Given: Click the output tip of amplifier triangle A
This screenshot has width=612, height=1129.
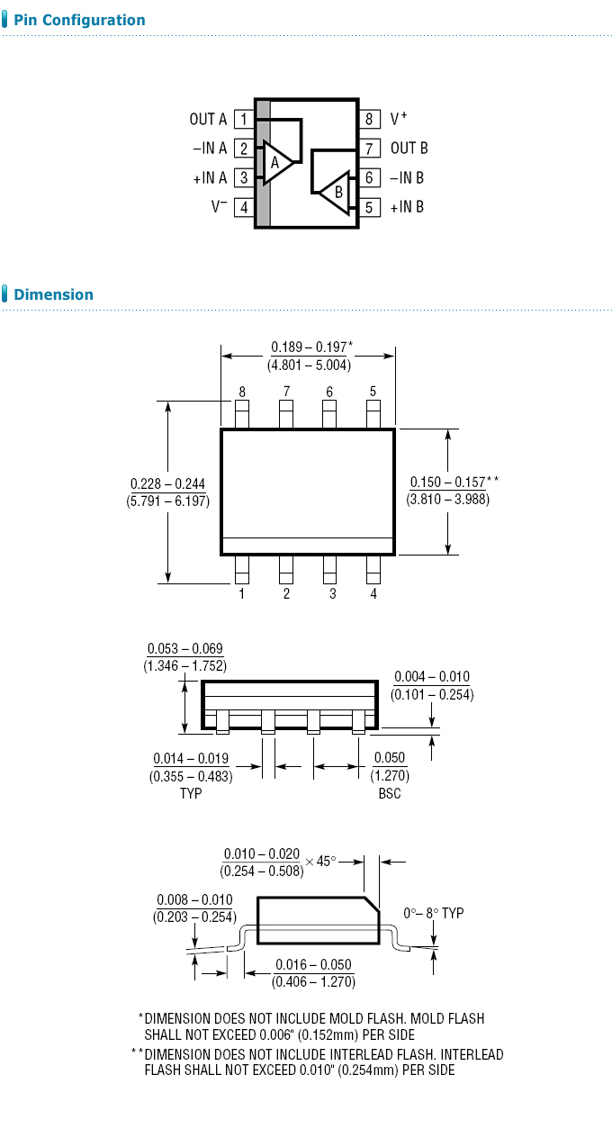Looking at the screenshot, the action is (293, 162).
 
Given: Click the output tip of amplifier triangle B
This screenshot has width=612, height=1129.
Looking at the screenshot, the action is (319, 192).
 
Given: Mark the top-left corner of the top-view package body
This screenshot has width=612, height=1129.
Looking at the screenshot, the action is (221, 429).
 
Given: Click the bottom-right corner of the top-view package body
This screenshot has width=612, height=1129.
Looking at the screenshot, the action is (394, 555).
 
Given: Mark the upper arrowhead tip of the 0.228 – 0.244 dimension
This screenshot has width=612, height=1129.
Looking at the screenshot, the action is (167, 402).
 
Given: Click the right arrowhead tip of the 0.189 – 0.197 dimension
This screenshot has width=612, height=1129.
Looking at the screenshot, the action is (395, 356).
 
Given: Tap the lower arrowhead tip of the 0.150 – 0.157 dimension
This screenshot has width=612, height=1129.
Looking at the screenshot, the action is (448, 555).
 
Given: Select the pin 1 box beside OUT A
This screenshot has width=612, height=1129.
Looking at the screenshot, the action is (244, 120).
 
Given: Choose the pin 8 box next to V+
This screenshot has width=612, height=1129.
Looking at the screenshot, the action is (369, 120).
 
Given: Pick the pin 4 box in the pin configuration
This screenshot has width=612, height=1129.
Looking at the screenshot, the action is (244, 207).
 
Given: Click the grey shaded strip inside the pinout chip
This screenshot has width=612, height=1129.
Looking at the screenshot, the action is (263, 163).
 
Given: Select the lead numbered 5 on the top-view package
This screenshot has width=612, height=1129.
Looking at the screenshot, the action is (373, 414).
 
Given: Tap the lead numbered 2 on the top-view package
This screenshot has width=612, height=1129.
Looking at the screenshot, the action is (286, 570).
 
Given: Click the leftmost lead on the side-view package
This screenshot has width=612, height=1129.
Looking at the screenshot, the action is (222, 721).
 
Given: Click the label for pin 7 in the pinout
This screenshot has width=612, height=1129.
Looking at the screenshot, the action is (409, 149).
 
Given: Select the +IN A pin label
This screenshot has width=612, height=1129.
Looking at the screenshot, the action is (210, 178).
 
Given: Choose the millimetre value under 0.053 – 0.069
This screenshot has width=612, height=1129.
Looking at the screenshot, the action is (184, 666).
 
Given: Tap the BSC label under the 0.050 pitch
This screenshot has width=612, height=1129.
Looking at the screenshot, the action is (390, 793).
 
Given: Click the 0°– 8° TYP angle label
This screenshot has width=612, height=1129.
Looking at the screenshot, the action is (433, 913).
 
